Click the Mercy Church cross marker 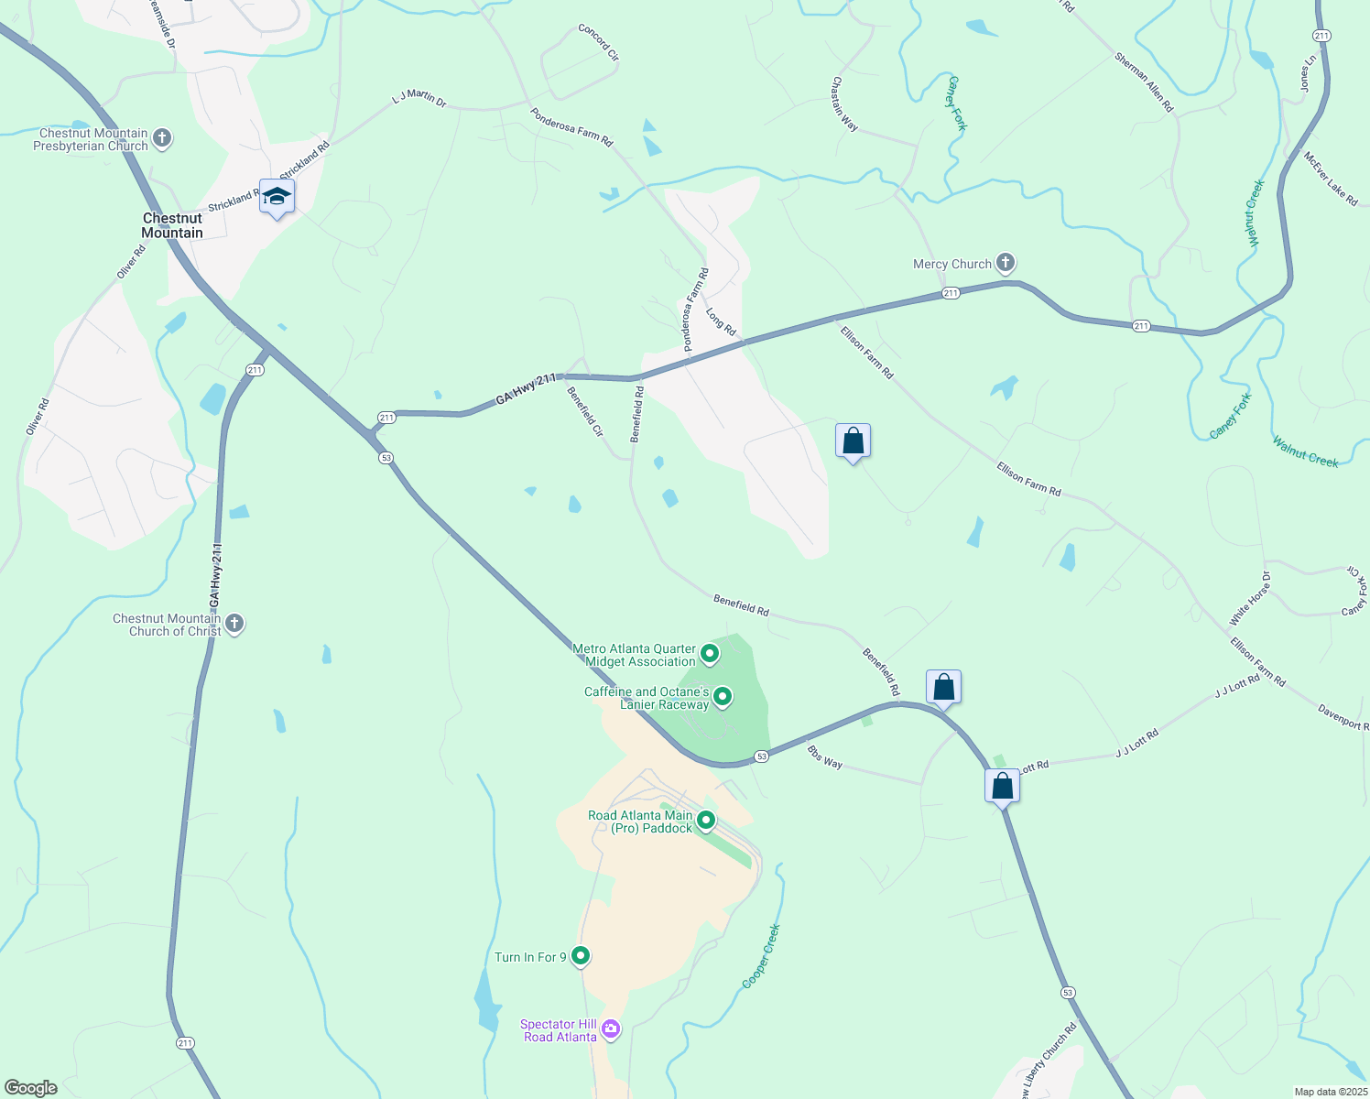tap(1006, 264)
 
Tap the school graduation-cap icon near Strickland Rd tap(277, 197)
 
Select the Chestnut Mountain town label tap(172, 225)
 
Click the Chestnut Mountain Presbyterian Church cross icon tap(162, 138)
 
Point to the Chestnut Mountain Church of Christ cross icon tap(234, 625)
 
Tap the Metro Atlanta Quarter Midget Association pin tap(709, 654)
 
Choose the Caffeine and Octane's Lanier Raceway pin tap(722, 698)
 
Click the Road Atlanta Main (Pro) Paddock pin tap(705, 821)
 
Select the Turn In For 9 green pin tap(581, 956)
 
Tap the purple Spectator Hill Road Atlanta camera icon tap(611, 1030)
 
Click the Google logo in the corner tap(30, 1087)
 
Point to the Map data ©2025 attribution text tap(1330, 1092)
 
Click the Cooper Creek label tap(761, 956)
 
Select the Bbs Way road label tap(824, 757)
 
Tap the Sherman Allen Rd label tap(1144, 82)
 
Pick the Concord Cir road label tap(599, 42)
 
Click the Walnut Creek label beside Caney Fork tap(1305, 452)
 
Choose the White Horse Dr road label tap(1251, 599)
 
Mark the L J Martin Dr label tap(419, 98)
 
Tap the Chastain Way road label tap(844, 103)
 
